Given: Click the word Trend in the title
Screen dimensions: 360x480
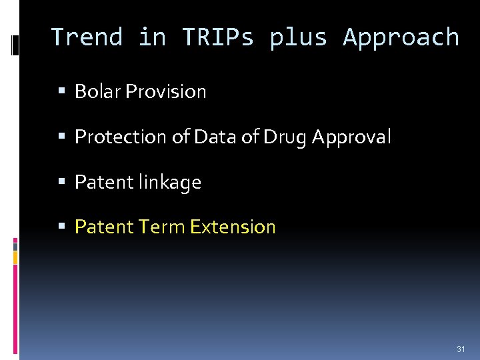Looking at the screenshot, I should [87, 37].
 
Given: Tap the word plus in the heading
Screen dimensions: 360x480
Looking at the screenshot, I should [298, 37].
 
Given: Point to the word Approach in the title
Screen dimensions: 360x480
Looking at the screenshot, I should [401, 37].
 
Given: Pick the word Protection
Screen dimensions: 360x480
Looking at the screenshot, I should [113, 137].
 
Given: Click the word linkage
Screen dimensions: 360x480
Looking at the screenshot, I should [169, 182].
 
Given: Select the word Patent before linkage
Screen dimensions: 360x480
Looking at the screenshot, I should [104, 182].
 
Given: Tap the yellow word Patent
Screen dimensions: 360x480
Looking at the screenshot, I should [104, 227].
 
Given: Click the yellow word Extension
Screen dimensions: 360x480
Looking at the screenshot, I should [233, 227].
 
